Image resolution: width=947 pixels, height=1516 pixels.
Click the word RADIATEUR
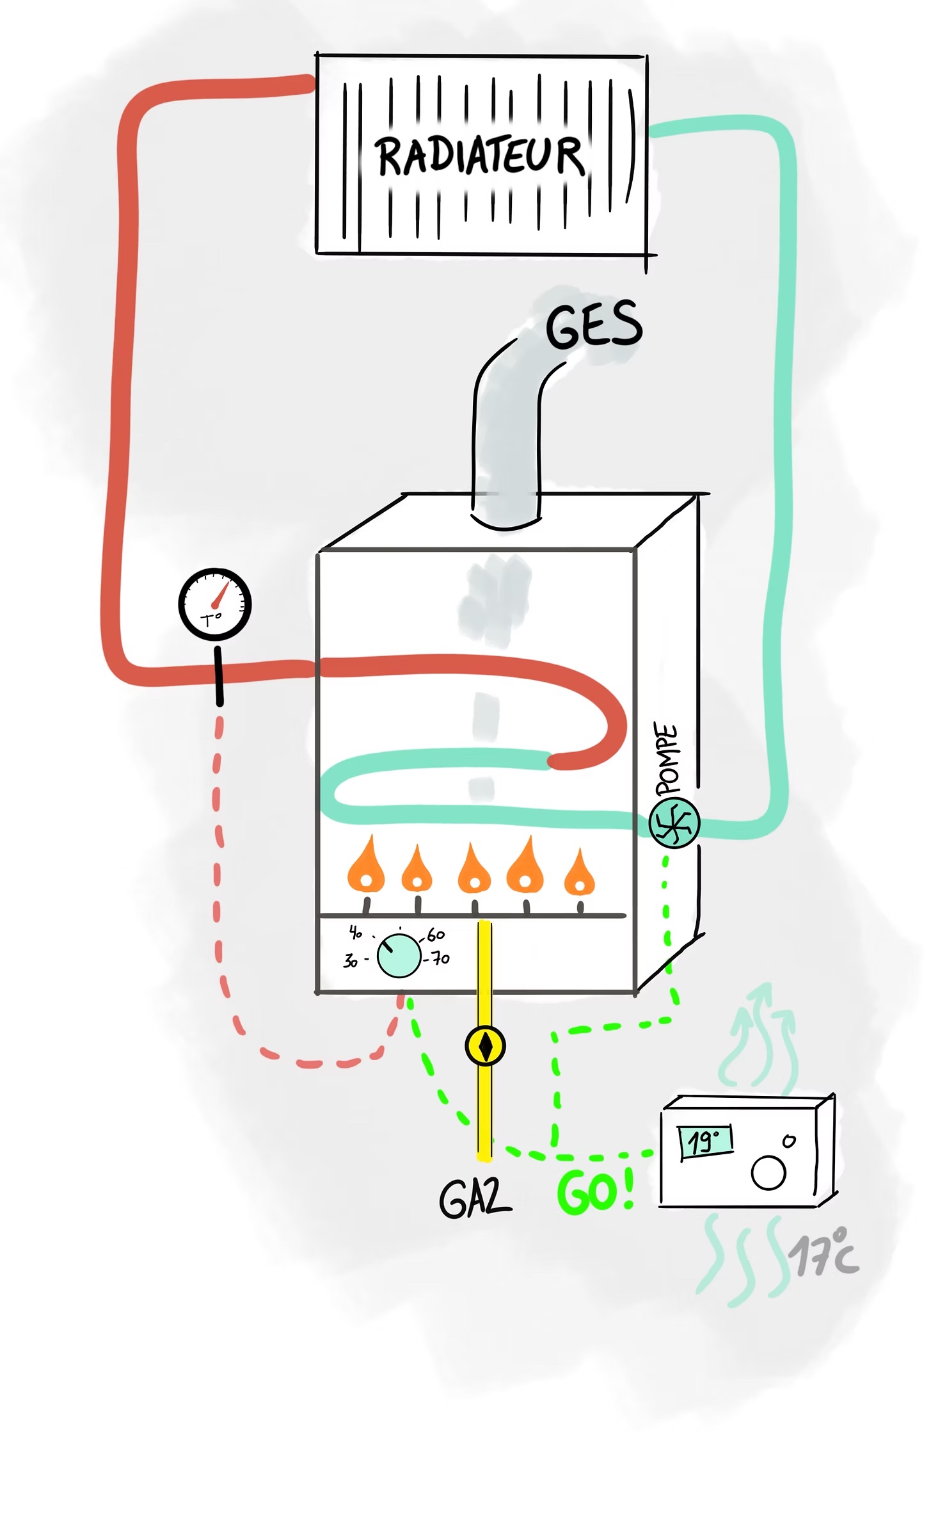pos(480,156)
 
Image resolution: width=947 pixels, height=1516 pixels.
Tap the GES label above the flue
pos(593,327)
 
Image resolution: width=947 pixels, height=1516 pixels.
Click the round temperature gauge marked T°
pos(214,604)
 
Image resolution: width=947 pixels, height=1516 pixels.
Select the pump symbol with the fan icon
pos(674,823)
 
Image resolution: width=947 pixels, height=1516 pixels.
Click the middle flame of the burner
pos(474,871)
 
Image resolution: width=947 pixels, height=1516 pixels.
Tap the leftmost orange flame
pos(365,867)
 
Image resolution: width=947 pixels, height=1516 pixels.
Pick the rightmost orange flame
pos(580,874)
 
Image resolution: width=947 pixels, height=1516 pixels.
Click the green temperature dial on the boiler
pos(399,956)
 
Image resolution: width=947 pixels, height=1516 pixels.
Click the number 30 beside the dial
pos(350,960)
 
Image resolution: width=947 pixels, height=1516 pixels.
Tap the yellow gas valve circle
pos(485,1046)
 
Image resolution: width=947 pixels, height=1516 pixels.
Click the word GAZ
pos(475,1198)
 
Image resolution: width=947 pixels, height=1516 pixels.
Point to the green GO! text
pos(595,1192)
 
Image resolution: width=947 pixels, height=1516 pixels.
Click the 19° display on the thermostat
pos(705,1141)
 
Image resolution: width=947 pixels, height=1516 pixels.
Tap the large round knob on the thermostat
pos(768,1173)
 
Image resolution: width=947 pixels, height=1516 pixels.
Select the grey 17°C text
pos(824,1254)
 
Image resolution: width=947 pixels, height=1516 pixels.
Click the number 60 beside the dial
pos(436,935)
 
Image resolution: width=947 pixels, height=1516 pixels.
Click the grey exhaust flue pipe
pos(505,442)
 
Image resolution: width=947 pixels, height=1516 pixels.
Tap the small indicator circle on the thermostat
pos(789,1141)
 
